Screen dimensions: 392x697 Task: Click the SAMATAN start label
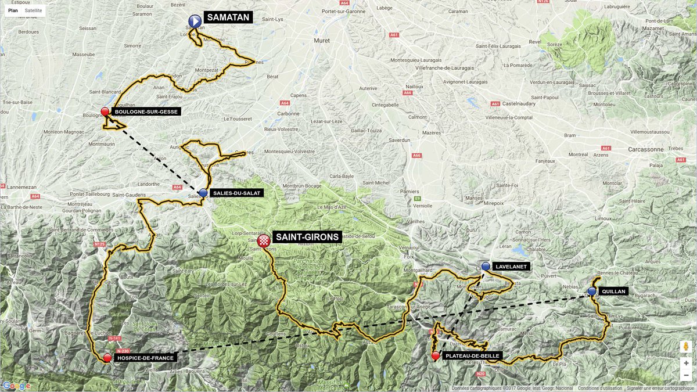(229, 17)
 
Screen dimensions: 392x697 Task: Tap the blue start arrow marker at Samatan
(195, 21)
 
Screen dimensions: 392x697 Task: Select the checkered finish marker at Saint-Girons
(264, 240)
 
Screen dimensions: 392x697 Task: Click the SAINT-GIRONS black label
(307, 237)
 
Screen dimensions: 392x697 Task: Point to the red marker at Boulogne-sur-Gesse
(105, 112)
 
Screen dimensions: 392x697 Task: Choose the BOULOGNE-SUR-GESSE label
(146, 112)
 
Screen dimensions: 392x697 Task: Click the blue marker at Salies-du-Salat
(203, 192)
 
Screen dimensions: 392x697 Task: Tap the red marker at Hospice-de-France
(107, 358)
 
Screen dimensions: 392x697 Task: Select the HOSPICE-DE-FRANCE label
(145, 358)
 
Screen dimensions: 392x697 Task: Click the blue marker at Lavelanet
(486, 266)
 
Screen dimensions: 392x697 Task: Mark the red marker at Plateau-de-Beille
(436, 355)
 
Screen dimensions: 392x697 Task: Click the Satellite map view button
(33, 10)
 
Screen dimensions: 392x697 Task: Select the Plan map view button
(13, 10)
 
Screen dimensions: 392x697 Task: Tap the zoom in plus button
(686, 363)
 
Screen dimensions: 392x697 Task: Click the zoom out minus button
(686, 376)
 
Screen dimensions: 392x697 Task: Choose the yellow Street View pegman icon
(686, 347)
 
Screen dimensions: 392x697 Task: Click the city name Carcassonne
(645, 149)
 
